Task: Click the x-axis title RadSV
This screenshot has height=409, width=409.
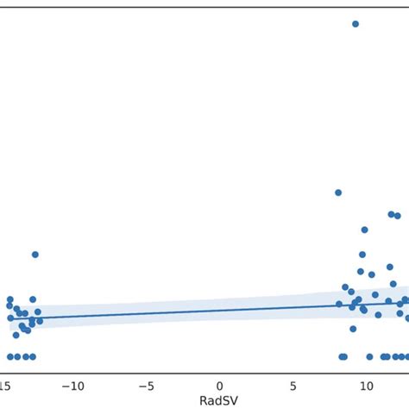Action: (x=219, y=400)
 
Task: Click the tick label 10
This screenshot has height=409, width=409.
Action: (x=366, y=384)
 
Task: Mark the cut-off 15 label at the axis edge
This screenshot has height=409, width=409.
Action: (x=5, y=384)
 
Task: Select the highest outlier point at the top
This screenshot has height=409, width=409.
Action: (x=355, y=24)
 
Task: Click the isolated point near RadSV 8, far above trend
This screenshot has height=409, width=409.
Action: (x=338, y=192)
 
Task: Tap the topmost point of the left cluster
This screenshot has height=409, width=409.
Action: (x=35, y=255)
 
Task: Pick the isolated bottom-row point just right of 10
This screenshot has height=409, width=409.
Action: (x=369, y=356)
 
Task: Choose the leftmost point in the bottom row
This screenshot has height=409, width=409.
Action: (x=10, y=356)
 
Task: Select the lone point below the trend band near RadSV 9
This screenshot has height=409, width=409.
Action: (x=353, y=329)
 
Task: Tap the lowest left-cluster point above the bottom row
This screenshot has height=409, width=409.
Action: (x=16, y=335)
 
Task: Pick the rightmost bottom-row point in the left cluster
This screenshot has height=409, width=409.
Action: (x=34, y=356)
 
